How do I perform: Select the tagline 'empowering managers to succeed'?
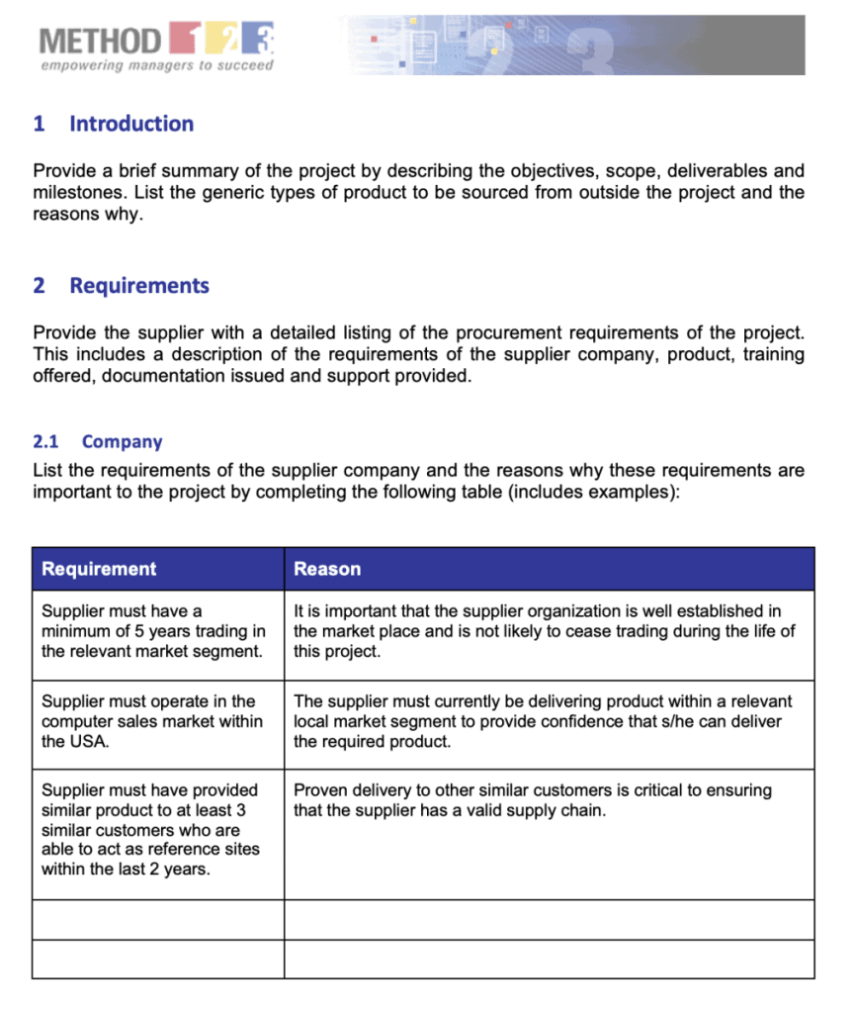[157, 66]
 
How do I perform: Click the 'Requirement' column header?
[99, 569]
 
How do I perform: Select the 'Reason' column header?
[327, 569]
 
